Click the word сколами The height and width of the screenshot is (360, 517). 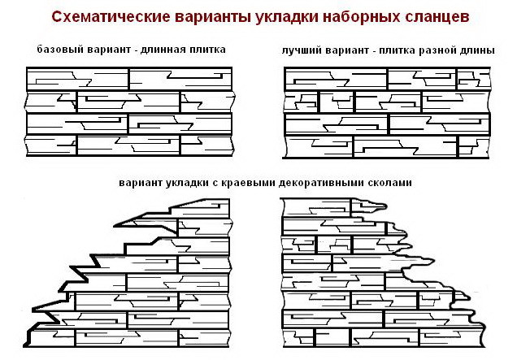click(x=390, y=183)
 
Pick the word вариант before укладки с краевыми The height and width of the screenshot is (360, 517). click(x=139, y=183)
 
